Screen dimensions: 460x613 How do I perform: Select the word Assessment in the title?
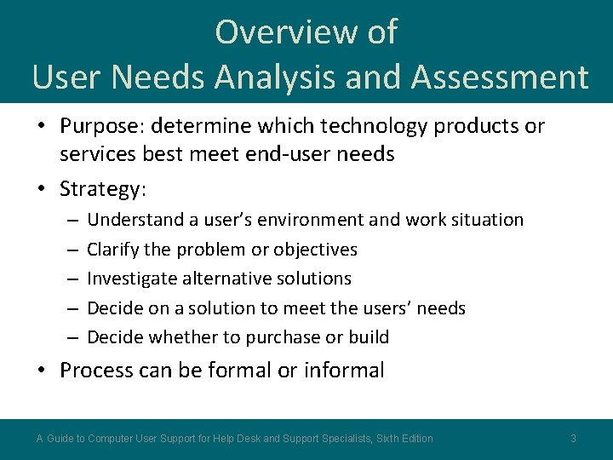[x=499, y=77]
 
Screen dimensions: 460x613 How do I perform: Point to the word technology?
[x=367, y=126]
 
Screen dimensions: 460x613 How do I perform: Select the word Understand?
[x=135, y=220]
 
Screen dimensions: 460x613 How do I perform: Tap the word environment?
[x=312, y=220]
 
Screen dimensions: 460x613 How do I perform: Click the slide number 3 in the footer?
[x=573, y=439]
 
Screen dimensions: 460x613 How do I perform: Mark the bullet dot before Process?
[x=42, y=371]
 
